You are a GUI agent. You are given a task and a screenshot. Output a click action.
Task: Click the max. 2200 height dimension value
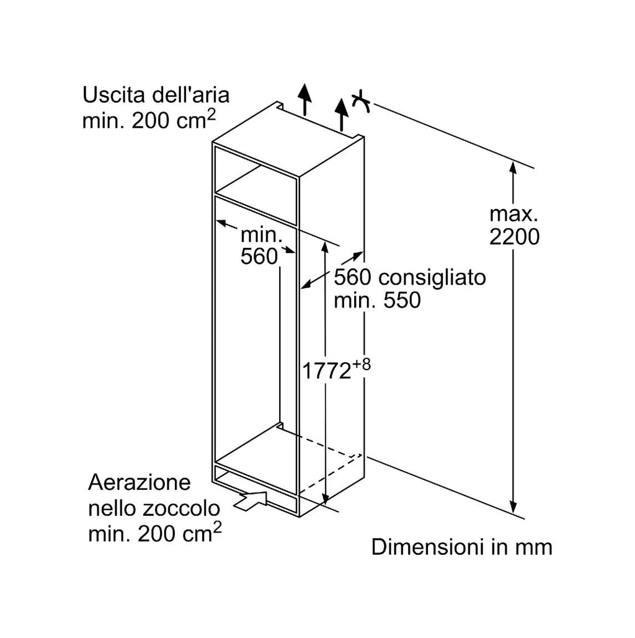coord(514,225)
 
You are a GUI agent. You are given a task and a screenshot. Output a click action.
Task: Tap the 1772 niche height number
coord(326,371)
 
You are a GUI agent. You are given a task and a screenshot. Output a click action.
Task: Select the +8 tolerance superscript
coord(362,365)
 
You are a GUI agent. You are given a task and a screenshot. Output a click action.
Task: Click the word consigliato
coord(432,278)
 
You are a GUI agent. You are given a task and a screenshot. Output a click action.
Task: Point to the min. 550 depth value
coord(377,300)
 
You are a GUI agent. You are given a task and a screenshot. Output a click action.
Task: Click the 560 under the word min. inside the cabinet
coord(259,256)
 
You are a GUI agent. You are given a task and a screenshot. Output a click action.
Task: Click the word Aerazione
coord(139,482)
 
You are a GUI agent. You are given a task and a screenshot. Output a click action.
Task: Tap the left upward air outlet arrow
coord(304,99)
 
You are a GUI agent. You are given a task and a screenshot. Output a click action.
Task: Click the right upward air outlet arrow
coord(342,115)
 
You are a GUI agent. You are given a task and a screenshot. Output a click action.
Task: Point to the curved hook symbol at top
coord(361,101)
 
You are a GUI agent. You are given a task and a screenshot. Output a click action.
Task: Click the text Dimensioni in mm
coord(461,547)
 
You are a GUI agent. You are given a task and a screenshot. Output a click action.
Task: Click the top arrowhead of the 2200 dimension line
coord(513,168)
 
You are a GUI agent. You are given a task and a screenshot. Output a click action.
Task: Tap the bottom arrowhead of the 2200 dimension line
coord(513,507)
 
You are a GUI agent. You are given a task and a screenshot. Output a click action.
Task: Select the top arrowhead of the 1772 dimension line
coord(325,248)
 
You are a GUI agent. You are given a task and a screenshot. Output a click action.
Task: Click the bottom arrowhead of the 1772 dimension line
coord(325,498)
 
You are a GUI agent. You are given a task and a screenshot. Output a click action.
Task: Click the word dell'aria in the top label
coord(191,95)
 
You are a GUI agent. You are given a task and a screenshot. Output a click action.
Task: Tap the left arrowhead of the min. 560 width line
coord(221,223)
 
